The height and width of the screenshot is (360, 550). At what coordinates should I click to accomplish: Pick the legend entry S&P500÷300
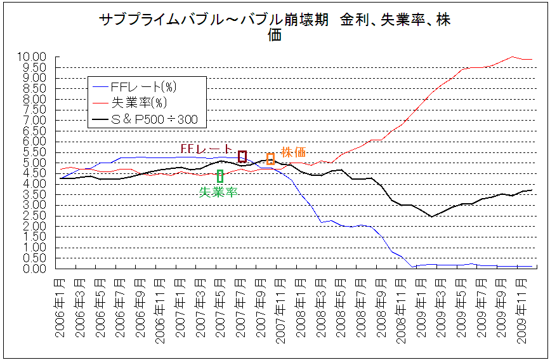[152, 119]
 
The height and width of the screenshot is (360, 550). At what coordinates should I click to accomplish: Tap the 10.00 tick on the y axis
[32, 57]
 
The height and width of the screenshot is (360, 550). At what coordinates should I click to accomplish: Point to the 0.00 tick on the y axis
[32, 269]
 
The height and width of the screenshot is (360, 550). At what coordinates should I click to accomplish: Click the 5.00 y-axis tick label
[32, 163]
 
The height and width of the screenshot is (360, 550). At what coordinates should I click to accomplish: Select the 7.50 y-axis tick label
[32, 109]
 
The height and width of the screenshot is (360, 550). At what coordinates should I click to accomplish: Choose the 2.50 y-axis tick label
[32, 215]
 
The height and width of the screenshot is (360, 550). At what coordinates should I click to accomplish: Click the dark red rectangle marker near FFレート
[242, 156]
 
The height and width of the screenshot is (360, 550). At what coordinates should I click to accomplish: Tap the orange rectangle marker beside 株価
[270, 159]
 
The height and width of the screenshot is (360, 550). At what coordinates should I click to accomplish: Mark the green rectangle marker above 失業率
[219, 176]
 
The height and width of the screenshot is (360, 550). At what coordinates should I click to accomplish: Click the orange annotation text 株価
[294, 152]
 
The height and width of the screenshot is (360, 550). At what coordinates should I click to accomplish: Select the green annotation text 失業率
[219, 192]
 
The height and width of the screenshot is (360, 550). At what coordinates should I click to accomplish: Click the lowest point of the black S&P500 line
[431, 217]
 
